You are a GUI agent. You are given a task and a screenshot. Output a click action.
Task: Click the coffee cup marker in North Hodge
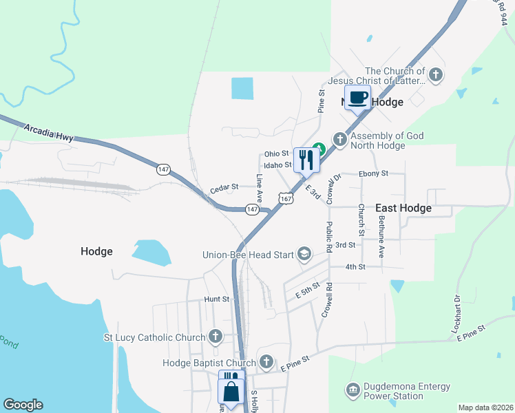coord(357,98)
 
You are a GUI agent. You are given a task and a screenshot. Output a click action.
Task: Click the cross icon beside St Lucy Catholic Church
coord(216,337)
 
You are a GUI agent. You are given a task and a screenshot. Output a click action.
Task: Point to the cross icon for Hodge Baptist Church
coord(266,362)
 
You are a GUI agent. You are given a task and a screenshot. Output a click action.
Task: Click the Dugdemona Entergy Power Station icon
coord(353,390)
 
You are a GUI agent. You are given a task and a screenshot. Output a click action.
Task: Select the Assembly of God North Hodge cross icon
coord(339,140)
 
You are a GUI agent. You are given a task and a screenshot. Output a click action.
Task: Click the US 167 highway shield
coord(285,198)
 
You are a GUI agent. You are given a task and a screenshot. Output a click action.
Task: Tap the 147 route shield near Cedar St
coord(252,209)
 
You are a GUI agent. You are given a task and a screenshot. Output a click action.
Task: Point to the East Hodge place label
coord(403,208)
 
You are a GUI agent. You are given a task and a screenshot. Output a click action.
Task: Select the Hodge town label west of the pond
coord(96,251)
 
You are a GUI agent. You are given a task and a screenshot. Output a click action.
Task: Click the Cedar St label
coord(224,187)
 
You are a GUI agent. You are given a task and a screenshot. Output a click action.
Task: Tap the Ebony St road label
coord(374,173)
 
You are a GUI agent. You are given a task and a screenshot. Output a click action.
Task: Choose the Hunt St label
coord(216,299)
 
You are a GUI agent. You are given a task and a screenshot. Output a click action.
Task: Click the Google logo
coord(22,405)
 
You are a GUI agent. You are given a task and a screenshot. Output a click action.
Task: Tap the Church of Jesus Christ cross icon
coord(435,74)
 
